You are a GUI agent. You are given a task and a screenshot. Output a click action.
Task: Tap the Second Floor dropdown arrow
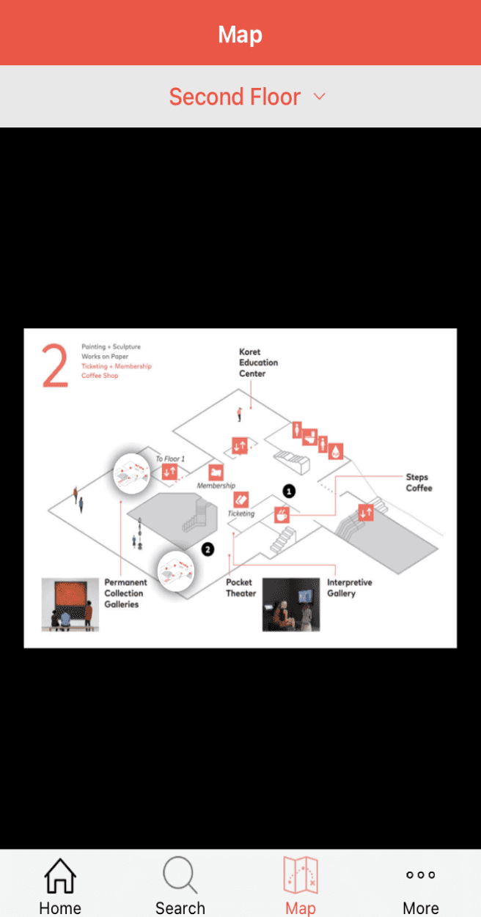[x=319, y=96]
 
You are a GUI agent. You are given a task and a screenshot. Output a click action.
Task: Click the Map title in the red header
[x=240, y=34]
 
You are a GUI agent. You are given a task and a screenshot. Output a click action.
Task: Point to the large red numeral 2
[x=56, y=365]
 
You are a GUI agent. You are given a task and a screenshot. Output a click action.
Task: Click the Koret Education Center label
[x=258, y=363]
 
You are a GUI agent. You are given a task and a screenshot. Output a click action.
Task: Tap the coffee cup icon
[x=282, y=515]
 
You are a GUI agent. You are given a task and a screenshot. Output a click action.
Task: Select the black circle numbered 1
[x=289, y=491]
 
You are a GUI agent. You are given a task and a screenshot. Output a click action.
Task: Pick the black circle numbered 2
[x=208, y=549]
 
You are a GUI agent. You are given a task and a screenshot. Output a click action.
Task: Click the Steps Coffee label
[x=419, y=483]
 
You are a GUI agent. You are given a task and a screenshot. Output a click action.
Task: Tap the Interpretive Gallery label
[x=349, y=587]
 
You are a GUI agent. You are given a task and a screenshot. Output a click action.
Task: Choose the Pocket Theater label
[x=240, y=587]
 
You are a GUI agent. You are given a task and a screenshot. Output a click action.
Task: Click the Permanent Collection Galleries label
[x=125, y=593]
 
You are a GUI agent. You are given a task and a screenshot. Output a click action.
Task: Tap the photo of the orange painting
[x=70, y=605]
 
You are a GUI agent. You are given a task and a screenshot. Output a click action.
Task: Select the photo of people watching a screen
[x=291, y=605]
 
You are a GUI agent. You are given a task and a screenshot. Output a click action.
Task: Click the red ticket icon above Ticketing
[x=241, y=500]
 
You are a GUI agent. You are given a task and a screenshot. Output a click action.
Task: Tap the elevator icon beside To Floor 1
[x=170, y=472]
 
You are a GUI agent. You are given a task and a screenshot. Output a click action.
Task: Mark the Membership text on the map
[x=216, y=486]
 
